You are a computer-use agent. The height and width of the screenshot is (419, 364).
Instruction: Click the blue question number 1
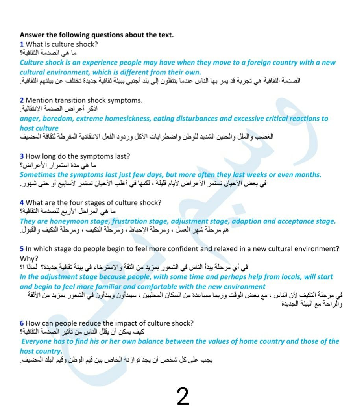(22, 44)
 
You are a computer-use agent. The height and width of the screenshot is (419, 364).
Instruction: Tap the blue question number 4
(22, 203)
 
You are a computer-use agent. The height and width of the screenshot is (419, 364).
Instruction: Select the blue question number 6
(22, 323)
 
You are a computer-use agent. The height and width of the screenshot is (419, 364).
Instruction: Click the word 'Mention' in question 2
(38, 100)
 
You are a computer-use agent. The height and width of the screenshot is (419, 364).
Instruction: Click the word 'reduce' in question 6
(91, 323)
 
